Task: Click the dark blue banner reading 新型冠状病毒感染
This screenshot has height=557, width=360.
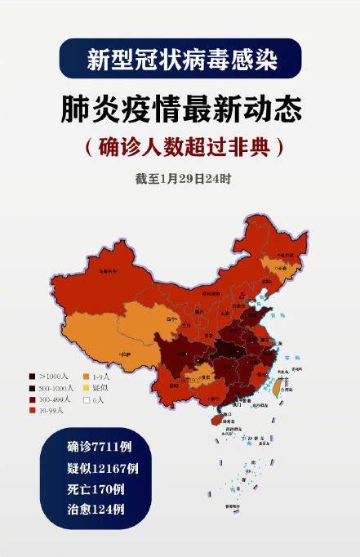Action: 180,59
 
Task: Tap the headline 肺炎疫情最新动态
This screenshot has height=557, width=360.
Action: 180,109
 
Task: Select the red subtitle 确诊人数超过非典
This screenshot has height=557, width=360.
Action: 180,147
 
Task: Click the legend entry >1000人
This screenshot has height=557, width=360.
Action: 51,376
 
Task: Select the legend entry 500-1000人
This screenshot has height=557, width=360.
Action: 54,388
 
